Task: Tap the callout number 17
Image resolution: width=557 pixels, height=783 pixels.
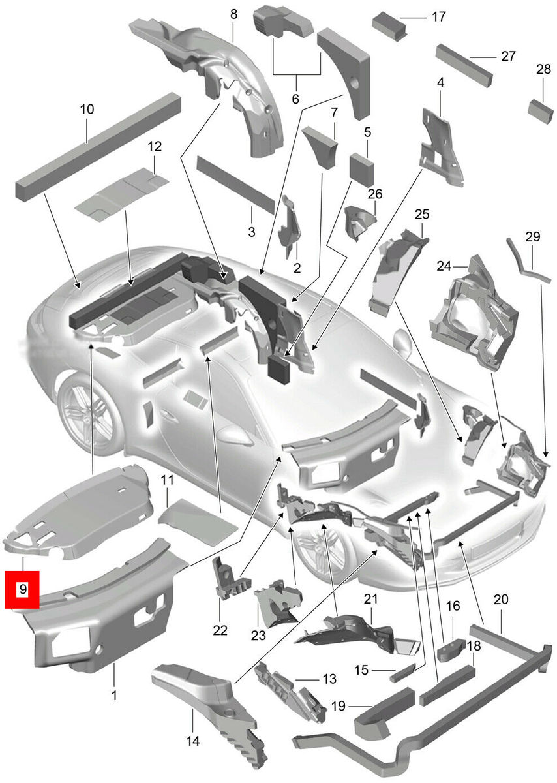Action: click(x=438, y=16)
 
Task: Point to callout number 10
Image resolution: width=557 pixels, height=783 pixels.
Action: click(x=87, y=109)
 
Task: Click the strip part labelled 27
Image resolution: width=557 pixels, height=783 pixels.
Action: click(x=465, y=65)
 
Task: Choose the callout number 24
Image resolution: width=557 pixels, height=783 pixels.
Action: click(x=444, y=266)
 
